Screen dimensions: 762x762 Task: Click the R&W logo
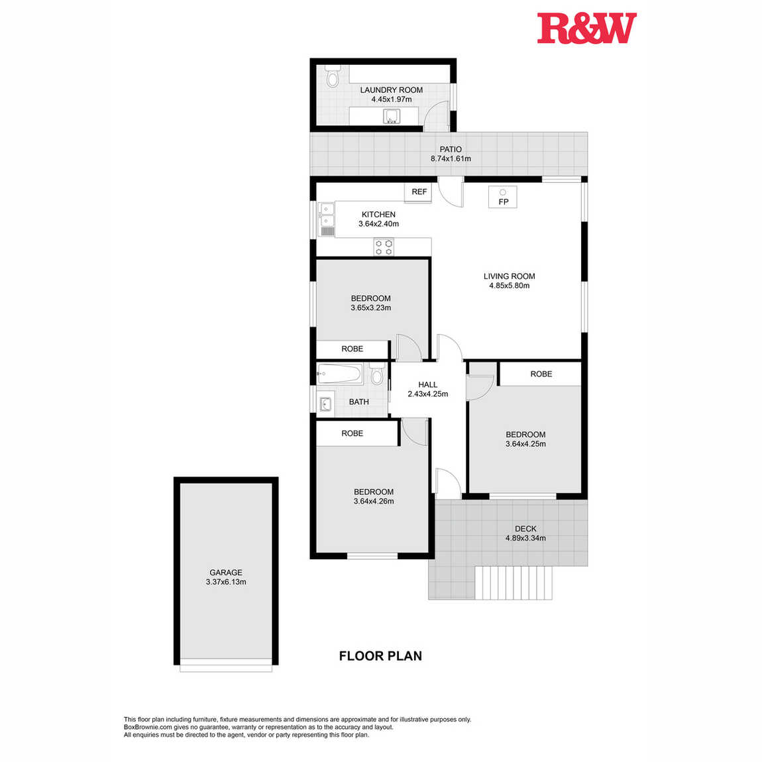(586, 28)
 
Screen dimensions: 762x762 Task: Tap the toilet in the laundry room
(333, 76)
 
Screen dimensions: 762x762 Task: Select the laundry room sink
(391, 117)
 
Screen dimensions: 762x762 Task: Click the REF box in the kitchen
(418, 192)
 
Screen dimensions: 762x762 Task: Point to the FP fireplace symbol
(503, 197)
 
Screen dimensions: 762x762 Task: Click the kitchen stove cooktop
(384, 247)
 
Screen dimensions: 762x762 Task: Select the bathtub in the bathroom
(339, 374)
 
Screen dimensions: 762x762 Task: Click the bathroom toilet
(376, 373)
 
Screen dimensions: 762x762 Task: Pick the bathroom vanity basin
(325, 404)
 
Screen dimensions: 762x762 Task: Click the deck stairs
(513, 582)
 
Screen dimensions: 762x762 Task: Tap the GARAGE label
(226, 572)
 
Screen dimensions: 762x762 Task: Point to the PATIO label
(451, 149)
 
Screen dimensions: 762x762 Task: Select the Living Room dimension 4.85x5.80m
(510, 286)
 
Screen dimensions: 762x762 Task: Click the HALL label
(427, 384)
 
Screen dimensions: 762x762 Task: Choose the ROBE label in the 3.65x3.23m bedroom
(353, 349)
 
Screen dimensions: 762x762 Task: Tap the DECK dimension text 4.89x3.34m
(525, 538)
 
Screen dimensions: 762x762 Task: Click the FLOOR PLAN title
(380, 656)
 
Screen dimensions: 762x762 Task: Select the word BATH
(358, 402)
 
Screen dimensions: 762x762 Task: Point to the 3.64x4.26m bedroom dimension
(374, 501)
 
